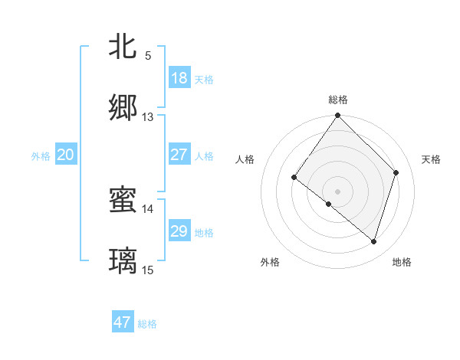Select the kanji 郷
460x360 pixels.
click(123, 108)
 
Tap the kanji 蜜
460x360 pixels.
click(123, 201)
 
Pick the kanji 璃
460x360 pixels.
click(123, 261)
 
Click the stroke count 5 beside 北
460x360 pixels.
click(148, 56)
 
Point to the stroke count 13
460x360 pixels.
click(148, 117)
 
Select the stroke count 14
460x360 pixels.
click(148, 208)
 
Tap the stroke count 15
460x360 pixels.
click(148, 270)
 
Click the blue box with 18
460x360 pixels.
click(179, 78)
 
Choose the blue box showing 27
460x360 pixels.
click(179, 155)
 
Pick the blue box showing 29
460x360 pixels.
click(179, 231)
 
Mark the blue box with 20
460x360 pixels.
click(66, 155)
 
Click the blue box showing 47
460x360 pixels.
click(123, 322)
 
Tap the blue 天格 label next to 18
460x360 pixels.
click(204, 80)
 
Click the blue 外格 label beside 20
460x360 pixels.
click(41, 156)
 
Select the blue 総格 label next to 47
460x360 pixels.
click(147, 324)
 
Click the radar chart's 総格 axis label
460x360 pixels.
click(338, 100)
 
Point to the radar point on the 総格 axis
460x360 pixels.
click(338, 116)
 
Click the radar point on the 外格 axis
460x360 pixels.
click(328, 204)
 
